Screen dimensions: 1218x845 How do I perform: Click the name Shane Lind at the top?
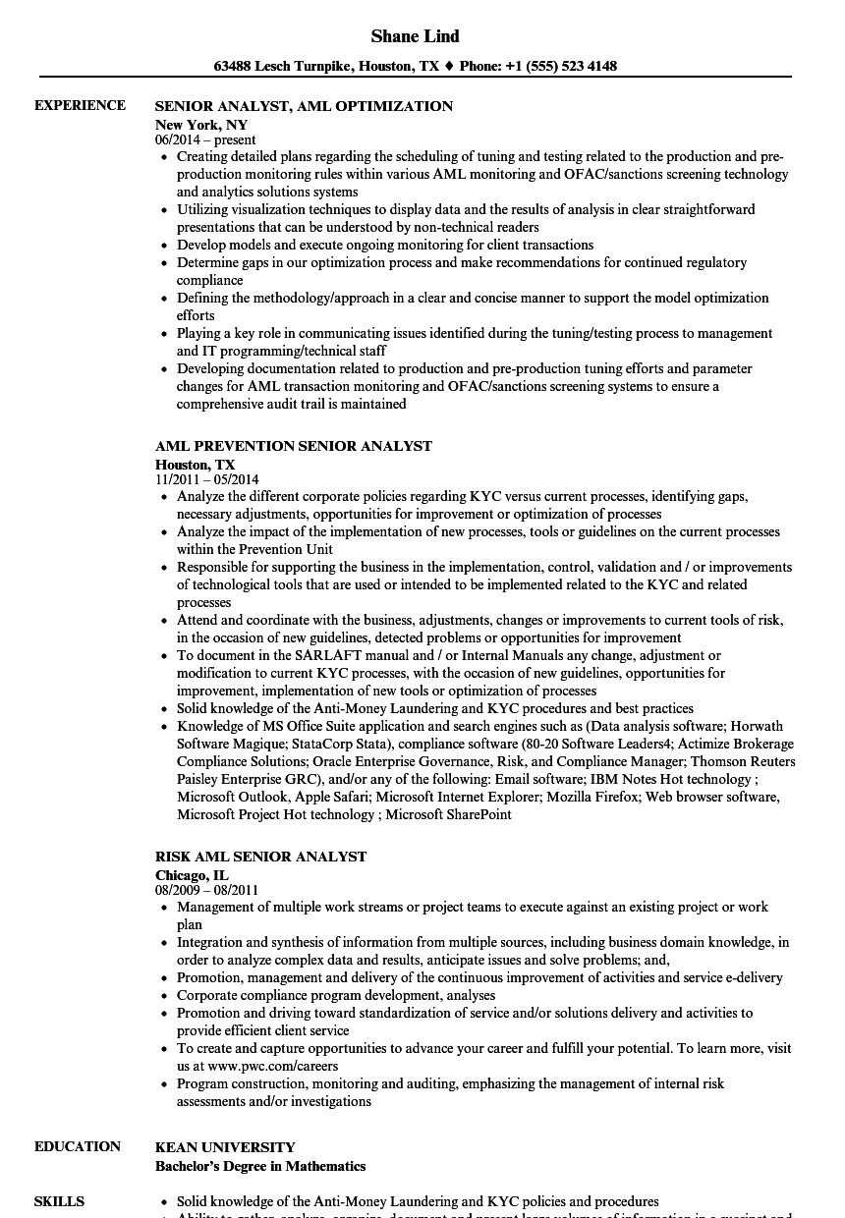[x=415, y=36]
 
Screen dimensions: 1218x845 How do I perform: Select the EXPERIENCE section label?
[x=80, y=105]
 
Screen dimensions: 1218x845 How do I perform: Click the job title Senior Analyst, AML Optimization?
[x=304, y=106]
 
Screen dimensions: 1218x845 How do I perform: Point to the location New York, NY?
[x=201, y=125]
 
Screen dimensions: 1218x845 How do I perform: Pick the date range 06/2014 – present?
[x=205, y=139]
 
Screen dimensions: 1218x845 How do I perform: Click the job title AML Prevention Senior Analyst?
[x=293, y=446]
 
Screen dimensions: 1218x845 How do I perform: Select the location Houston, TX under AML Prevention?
[x=195, y=465]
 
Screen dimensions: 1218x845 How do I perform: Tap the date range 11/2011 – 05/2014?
[x=206, y=479]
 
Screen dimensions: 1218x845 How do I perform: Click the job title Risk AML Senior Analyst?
[x=260, y=857]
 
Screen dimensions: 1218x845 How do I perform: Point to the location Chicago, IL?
[x=192, y=875]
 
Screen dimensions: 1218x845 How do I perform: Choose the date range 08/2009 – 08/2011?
[x=206, y=890]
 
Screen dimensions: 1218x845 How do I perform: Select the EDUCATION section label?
[x=78, y=1146]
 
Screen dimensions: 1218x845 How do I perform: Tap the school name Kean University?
[x=225, y=1147]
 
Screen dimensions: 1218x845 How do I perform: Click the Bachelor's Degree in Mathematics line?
[x=260, y=1166]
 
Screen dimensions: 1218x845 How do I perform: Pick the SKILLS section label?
[x=59, y=1201]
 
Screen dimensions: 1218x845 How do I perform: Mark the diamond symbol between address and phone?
[x=449, y=67]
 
